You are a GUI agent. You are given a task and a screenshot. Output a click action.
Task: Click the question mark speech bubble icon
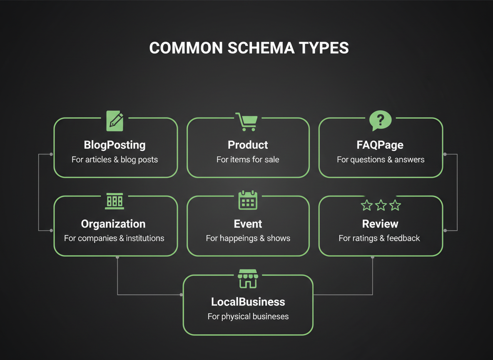380,121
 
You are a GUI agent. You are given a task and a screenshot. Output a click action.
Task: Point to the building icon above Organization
115,201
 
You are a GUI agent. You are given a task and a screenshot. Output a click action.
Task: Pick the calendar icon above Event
248,200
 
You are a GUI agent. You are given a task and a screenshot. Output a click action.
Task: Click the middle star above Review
381,205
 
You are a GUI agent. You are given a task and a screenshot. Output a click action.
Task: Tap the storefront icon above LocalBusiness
248,278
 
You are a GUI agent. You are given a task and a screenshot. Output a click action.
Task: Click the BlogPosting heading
115,145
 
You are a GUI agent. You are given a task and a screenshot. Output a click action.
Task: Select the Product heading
248,145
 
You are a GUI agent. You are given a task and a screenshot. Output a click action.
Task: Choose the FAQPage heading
380,145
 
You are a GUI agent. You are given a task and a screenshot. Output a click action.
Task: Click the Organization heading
113,224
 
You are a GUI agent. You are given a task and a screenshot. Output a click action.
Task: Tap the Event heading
248,224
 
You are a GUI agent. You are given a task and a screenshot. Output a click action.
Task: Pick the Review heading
380,224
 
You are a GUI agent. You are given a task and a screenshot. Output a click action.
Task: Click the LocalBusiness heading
248,302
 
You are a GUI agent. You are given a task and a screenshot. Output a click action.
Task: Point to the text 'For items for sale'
248,160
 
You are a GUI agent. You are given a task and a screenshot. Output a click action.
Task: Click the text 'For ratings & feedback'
379,238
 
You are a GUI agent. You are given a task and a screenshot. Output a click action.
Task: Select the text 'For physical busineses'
248,316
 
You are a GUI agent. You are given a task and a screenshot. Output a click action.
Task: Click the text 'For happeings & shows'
248,238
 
